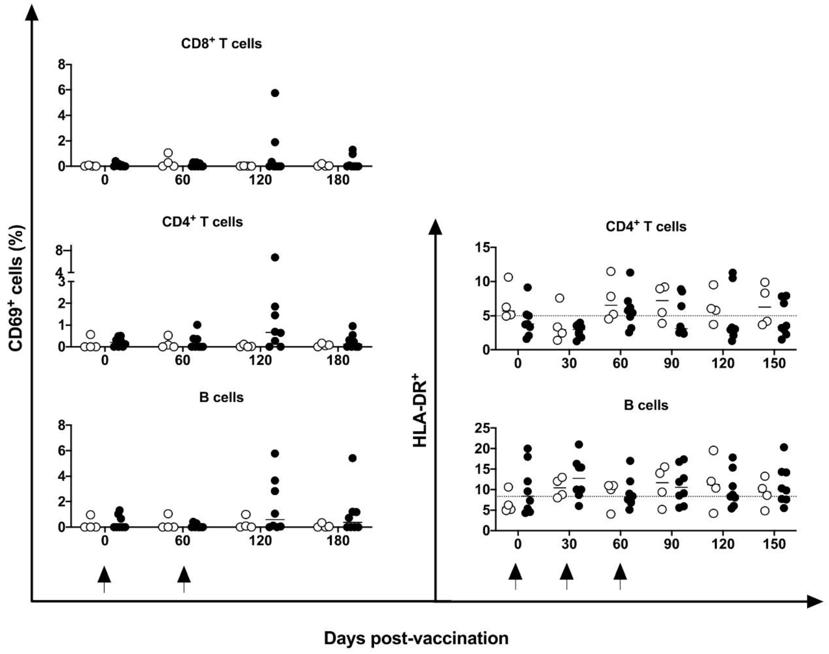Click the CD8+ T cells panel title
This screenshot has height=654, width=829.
[x=221, y=44]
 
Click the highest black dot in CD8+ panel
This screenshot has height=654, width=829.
[x=275, y=93]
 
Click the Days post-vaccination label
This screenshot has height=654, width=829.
[x=416, y=638]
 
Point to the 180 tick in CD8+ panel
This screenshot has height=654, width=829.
[x=338, y=180]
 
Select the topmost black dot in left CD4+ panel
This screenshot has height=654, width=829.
[x=275, y=257]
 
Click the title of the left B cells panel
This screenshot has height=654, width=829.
[x=221, y=397]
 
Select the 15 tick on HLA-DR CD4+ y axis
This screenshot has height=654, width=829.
[x=483, y=248]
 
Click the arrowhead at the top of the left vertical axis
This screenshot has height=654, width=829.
[x=34, y=11]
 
